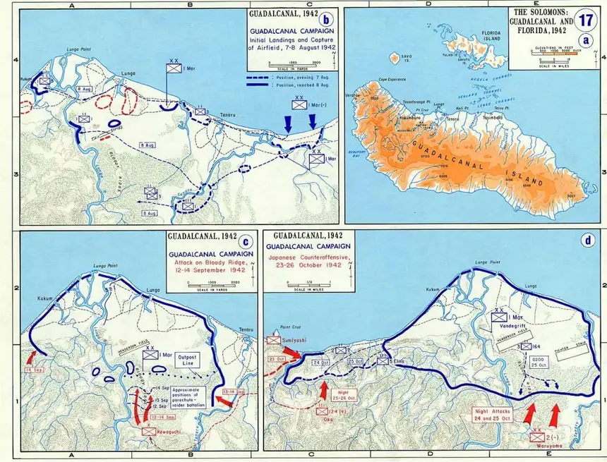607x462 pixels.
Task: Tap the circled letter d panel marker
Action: click(588, 240)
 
